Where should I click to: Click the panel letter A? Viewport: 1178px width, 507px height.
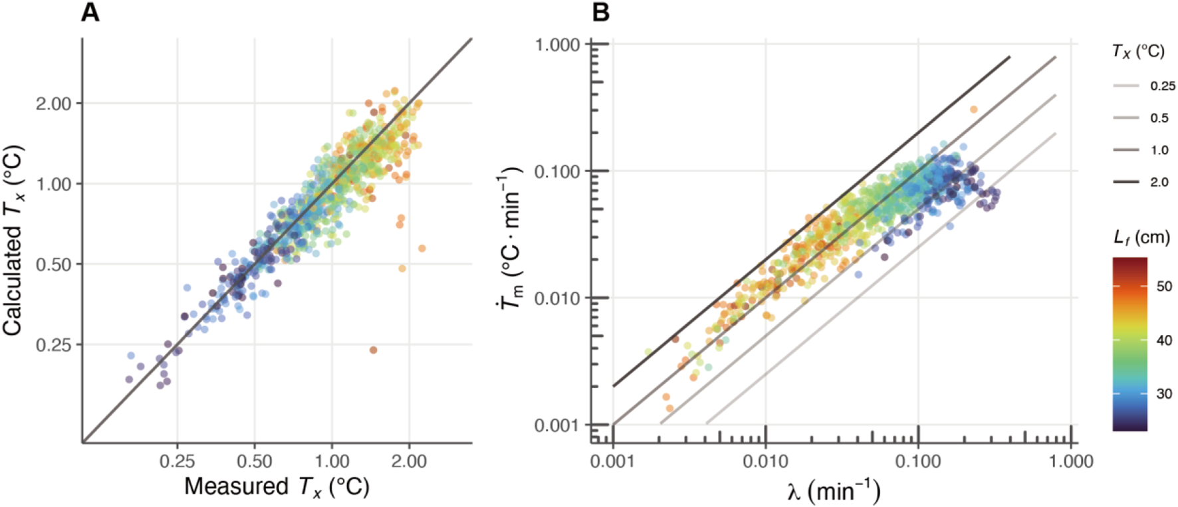(x=90, y=13)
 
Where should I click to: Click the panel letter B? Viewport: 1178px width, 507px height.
(x=600, y=13)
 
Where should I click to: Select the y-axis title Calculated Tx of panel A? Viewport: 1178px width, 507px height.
(x=14, y=239)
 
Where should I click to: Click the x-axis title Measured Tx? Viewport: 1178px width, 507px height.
(x=277, y=487)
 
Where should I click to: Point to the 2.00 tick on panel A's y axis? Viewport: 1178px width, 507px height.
(x=53, y=104)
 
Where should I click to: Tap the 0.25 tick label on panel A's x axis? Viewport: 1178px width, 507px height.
(x=177, y=461)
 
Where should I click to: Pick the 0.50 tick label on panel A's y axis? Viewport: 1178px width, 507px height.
(x=53, y=264)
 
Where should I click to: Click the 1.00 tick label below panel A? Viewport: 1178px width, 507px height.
(x=332, y=461)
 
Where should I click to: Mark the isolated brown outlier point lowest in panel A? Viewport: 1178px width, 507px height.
(x=373, y=350)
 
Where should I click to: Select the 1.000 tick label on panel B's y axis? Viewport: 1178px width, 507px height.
(x=557, y=45)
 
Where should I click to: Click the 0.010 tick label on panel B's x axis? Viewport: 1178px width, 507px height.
(x=765, y=461)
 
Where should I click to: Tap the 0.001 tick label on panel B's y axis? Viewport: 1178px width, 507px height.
(x=557, y=425)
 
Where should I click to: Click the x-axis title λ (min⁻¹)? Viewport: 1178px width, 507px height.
(x=834, y=492)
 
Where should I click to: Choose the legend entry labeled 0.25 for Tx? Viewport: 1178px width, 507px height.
(x=1162, y=86)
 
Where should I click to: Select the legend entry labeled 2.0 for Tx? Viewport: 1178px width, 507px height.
(x=1159, y=182)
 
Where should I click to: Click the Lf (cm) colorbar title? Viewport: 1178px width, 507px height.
(x=1141, y=237)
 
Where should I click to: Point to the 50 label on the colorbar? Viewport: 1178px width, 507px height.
(x=1164, y=286)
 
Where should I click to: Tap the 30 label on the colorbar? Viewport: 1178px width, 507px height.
(x=1164, y=393)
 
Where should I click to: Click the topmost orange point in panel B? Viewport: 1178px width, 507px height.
(x=973, y=110)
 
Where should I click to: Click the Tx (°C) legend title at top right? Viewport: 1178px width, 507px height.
(x=1138, y=51)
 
